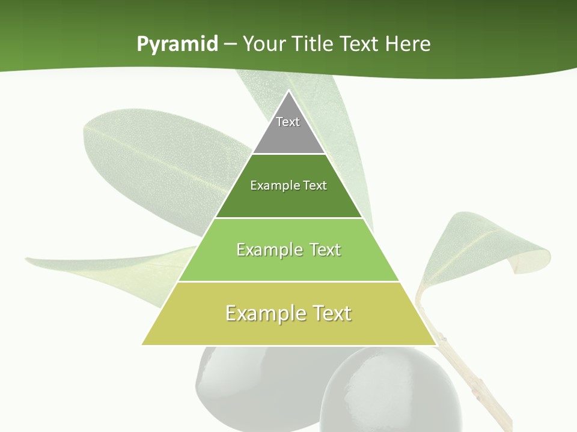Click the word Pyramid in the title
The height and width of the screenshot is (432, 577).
pyautogui.click(x=177, y=44)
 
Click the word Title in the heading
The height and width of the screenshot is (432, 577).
pyautogui.click(x=314, y=44)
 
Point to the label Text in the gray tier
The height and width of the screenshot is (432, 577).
pyautogui.click(x=288, y=122)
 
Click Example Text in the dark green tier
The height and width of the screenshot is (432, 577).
pyautogui.click(x=288, y=185)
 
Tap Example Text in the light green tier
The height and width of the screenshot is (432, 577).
pyautogui.click(x=288, y=250)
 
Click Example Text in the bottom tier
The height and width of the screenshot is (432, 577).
pyautogui.click(x=288, y=313)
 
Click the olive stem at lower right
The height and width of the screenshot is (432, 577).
pyautogui.click(x=475, y=384)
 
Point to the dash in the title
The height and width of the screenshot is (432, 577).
pyautogui.click(x=230, y=44)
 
